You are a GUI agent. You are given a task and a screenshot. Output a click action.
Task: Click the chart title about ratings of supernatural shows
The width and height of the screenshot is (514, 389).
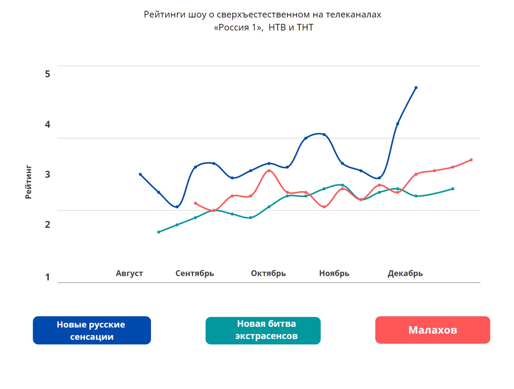[263, 21]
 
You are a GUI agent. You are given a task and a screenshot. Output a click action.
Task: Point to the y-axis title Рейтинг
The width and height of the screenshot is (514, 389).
[28, 182]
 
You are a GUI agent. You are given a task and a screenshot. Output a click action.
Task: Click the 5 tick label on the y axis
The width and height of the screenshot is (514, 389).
[47, 74]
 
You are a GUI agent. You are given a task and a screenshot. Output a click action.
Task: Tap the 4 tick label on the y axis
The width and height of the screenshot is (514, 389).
[47, 124]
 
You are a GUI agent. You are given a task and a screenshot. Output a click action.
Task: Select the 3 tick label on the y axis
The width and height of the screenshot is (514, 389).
[47, 174]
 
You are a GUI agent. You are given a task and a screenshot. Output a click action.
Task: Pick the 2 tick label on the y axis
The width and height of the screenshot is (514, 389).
[47, 224]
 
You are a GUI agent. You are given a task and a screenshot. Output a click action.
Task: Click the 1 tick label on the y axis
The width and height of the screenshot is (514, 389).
[47, 277]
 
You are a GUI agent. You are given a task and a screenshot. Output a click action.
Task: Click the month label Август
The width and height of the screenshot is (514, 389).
[129, 273]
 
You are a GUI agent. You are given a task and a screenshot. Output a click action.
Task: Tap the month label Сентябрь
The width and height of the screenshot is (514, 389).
[195, 273]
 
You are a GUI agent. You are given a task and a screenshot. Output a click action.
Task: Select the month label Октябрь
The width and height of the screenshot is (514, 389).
[268, 273]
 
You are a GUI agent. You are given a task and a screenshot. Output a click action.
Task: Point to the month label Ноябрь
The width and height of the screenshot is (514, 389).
[334, 273]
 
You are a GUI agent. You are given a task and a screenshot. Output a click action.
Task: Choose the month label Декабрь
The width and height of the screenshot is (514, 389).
[405, 273]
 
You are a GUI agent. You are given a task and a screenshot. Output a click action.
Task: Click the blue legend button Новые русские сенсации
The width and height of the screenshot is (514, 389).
[92, 330]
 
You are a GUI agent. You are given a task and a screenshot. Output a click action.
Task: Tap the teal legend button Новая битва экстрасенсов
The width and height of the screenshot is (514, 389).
[263, 330]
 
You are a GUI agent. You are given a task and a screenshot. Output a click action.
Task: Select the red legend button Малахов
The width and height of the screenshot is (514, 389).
[432, 330]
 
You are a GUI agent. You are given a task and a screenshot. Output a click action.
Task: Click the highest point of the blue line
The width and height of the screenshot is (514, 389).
[416, 88]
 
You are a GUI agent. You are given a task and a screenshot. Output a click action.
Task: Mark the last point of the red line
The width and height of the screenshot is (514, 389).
[471, 160]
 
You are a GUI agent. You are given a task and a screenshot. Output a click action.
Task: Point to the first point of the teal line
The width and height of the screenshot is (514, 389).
[158, 232]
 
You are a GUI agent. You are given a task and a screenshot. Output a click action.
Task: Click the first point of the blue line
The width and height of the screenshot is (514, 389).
[140, 174]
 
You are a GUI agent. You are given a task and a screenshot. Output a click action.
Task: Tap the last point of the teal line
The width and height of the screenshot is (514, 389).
[453, 189]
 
